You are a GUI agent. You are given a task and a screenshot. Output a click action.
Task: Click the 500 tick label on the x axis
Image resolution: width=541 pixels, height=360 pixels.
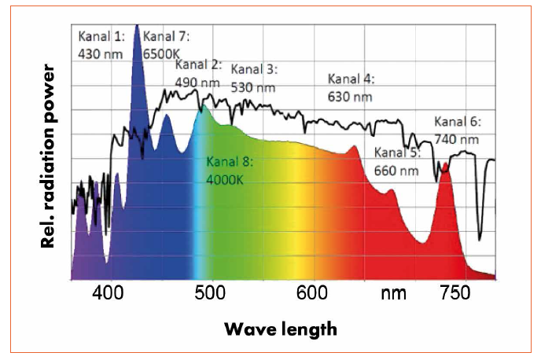[x=211, y=296]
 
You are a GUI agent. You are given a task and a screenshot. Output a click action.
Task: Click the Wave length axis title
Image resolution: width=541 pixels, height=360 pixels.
[x=280, y=329]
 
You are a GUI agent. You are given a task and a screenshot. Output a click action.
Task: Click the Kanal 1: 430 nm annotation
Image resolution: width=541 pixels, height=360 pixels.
[x=101, y=45]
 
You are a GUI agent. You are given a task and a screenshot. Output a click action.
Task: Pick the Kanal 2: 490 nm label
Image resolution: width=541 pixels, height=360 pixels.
[x=198, y=73]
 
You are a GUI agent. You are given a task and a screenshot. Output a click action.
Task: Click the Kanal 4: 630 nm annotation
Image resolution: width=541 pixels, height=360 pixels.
[x=351, y=88]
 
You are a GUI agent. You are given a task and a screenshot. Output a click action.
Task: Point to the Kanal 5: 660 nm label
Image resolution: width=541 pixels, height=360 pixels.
[x=397, y=161]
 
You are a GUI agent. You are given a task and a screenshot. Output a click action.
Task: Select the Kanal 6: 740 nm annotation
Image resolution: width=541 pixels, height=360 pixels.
[x=457, y=130]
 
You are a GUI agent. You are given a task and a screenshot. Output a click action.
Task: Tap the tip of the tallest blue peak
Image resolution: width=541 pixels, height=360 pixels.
[x=137, y=26]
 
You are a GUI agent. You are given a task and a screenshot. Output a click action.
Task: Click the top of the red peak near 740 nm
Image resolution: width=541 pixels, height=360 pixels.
[x=445, y=164]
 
